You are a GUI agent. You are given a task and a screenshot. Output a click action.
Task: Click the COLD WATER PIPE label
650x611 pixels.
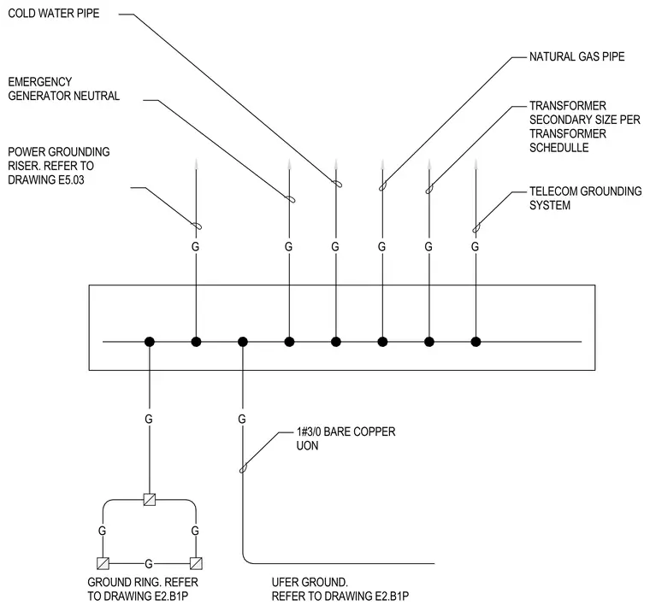(54, 14)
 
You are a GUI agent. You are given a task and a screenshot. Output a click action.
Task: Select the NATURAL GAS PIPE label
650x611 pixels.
(576, 56)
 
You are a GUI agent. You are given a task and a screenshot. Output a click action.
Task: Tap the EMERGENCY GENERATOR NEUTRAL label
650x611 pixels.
(64, 89)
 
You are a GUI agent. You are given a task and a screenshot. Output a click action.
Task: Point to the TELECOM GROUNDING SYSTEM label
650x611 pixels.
(585, 198)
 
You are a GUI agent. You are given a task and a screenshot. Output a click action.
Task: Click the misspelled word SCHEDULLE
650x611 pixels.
(558, 148)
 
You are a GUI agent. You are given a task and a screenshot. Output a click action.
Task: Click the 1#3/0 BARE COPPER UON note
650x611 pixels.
(346, 438)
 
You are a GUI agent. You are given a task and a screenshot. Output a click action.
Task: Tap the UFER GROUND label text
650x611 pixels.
(340, 589)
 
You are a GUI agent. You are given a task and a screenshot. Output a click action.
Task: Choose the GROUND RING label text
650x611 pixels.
(143, 589)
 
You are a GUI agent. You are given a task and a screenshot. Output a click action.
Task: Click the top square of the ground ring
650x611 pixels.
(150, 500)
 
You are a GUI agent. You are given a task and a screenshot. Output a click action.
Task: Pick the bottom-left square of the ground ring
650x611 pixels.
(103, 563)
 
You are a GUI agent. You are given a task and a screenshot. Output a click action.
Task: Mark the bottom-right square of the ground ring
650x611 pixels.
(196, 563)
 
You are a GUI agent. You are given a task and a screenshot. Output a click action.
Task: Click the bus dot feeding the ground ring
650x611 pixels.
(150, 342)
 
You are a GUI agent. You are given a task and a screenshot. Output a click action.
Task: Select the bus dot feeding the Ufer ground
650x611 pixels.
(243, 342)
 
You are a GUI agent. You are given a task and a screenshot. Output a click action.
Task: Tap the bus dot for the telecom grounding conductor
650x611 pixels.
(476, 342)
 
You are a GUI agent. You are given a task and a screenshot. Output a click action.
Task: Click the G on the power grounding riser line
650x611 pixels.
(195, 247)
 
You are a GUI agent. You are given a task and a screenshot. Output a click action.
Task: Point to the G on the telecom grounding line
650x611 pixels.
(475, 247)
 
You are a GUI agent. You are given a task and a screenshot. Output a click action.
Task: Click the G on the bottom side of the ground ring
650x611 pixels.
(149, 564)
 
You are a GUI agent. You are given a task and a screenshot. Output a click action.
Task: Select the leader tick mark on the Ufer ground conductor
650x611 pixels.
(244, 468)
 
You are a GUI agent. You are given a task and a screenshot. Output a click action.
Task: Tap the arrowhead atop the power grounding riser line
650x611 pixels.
(196, 164)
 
